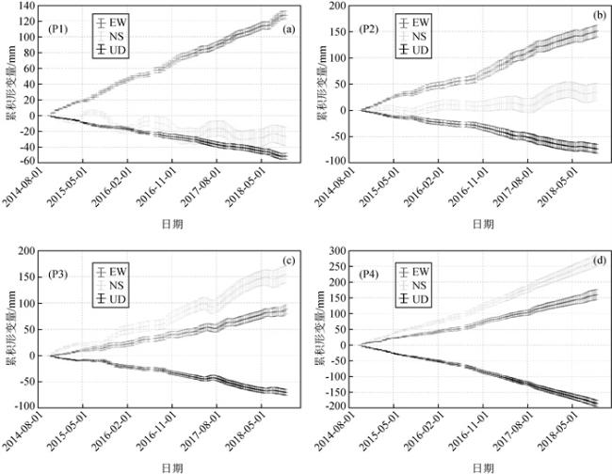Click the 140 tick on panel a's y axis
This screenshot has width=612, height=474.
[x=27, y=7]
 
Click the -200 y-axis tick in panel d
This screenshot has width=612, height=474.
[x=333, y=407]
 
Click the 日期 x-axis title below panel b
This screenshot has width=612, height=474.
[x=480, y=225]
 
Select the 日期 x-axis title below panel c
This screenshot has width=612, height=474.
[x=172, y=466]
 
